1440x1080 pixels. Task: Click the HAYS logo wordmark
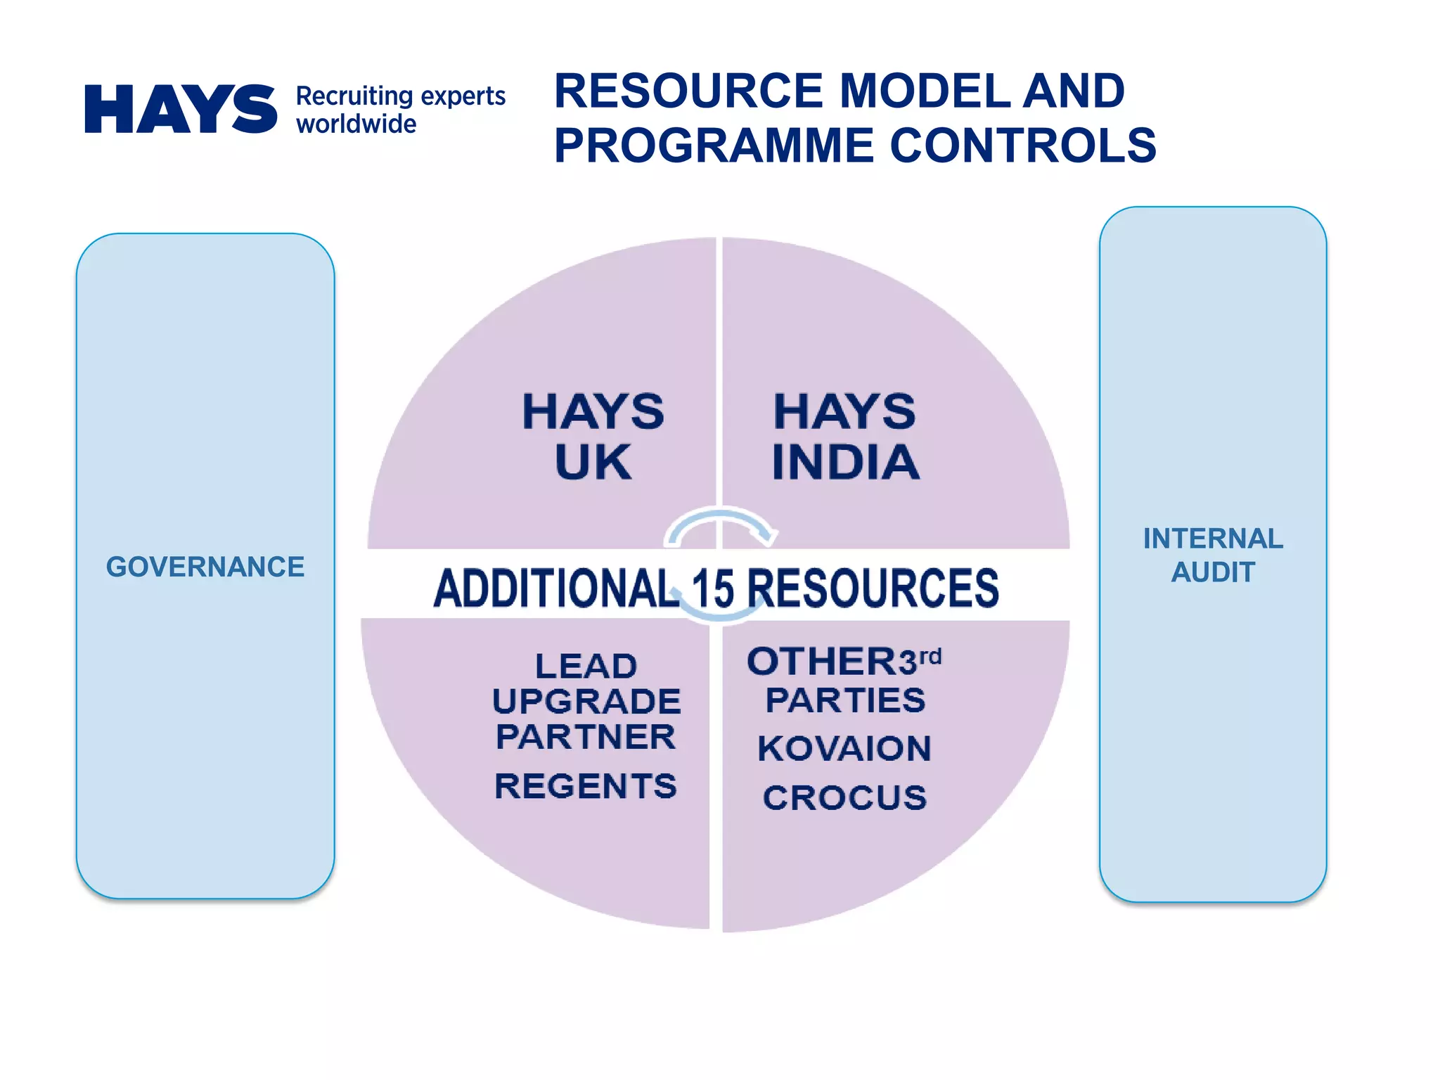[181, 109]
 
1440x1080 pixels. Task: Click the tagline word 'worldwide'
[356, 124]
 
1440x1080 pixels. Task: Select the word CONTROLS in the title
[1023, 146]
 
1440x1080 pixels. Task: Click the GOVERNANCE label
[205, 567]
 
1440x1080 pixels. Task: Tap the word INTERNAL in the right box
[1213, 539]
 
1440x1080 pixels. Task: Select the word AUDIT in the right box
[1213, 572]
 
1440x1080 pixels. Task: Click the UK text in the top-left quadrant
[593, 463]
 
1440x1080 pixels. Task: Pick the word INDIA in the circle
[845, 463]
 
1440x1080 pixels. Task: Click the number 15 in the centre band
[713, 589]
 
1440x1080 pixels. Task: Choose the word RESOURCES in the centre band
[873, 589]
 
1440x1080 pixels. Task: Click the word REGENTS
[586, 786]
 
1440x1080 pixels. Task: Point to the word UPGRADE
[586, 702]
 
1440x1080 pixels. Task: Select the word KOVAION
[844, 748]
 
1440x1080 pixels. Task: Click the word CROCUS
[844, 798]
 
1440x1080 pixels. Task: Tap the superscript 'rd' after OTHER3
[930, 657]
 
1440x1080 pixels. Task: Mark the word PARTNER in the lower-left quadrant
[586, 737]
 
